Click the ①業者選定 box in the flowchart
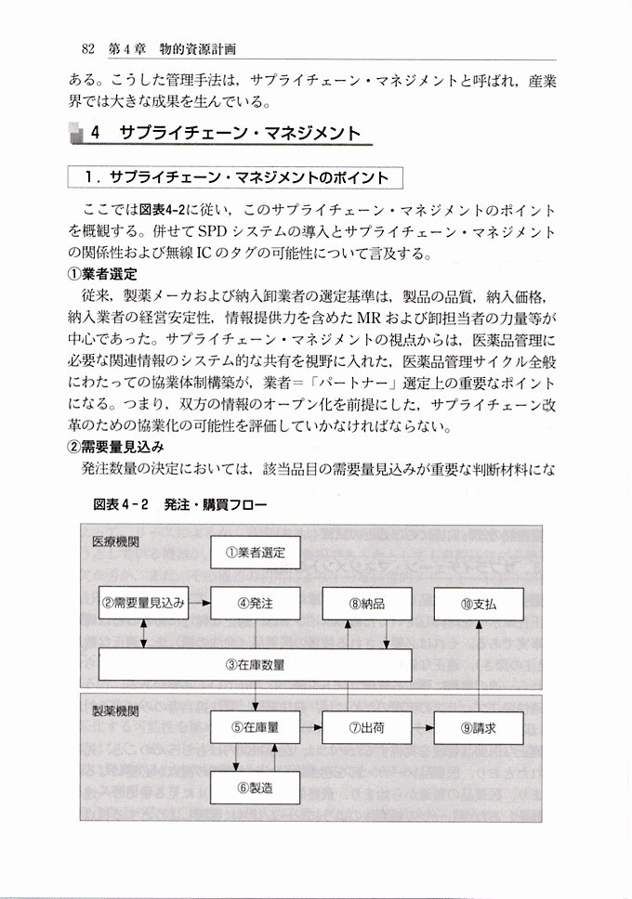256,553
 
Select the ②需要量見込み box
144,603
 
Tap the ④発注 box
256,603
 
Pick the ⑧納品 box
367,603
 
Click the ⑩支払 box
479,603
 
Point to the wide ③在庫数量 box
256,665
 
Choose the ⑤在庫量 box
256,727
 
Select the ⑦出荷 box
367,727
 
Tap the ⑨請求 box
479,727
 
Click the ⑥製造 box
256,788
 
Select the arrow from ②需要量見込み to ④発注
200,603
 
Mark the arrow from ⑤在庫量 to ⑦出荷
311,727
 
